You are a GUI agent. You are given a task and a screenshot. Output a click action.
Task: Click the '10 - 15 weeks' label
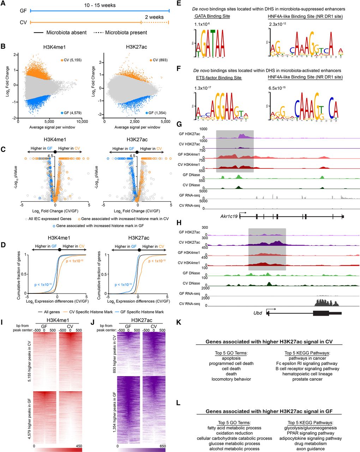(100, 6)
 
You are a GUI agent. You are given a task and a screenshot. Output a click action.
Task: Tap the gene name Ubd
(257, 313)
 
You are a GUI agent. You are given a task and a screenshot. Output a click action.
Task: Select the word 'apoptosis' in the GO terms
(229, 358)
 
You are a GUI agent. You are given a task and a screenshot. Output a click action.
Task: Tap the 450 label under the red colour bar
(77, 446)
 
